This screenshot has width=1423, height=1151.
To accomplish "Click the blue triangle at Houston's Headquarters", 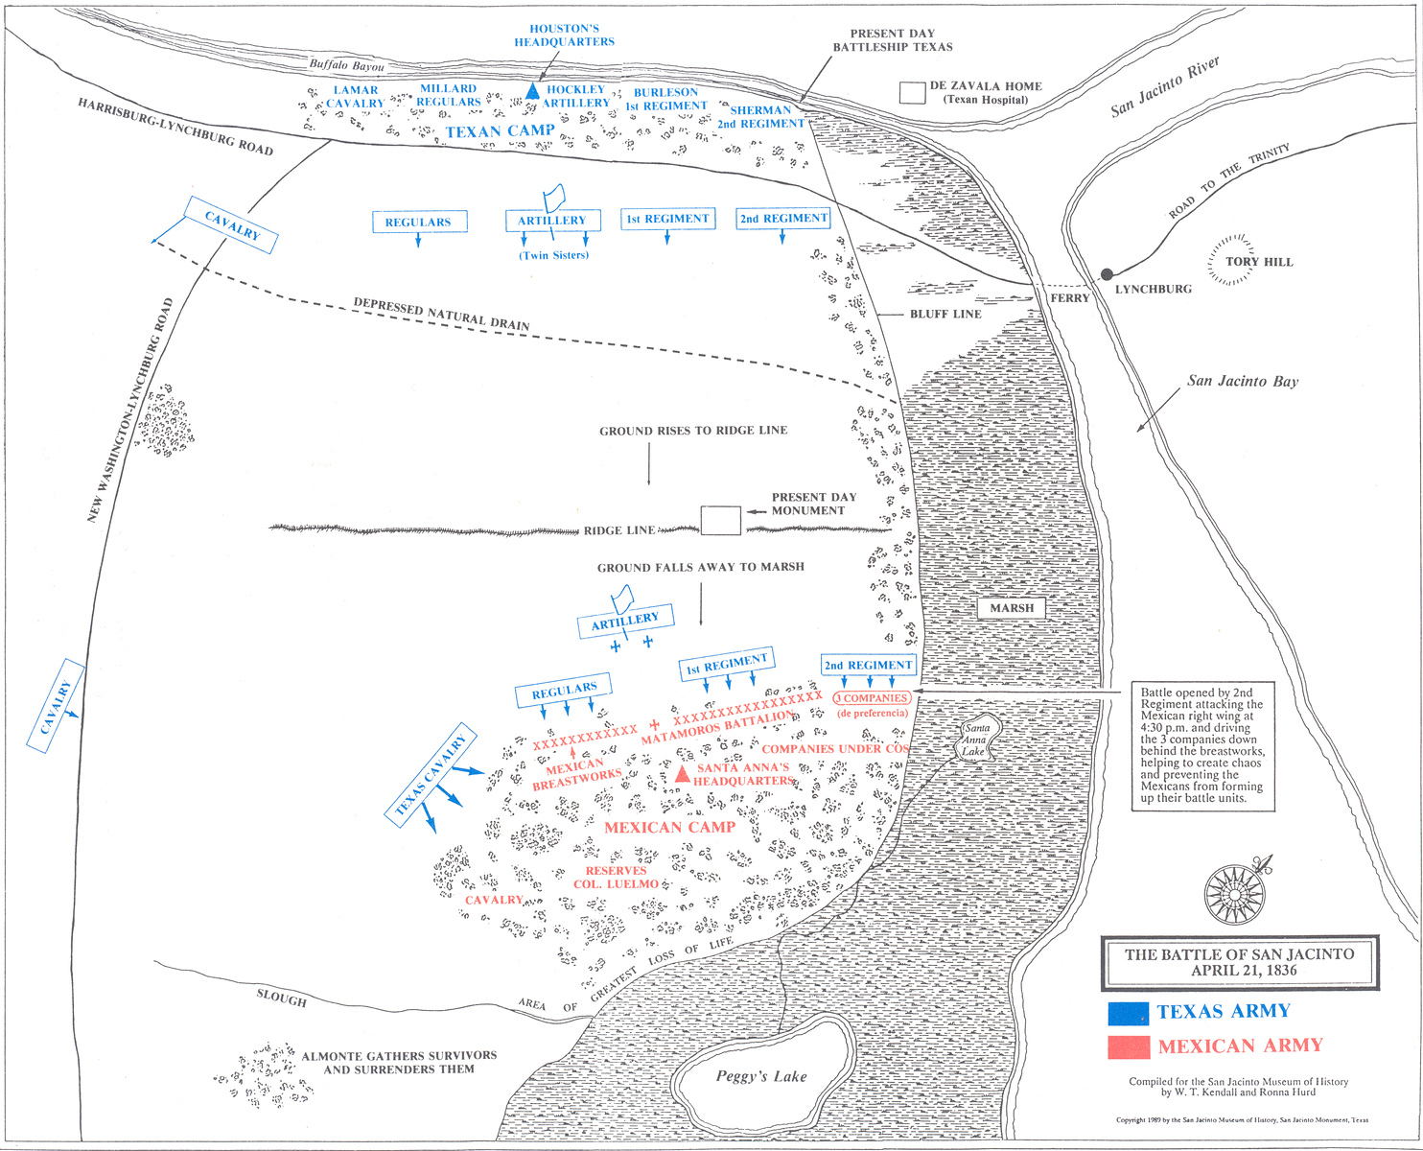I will (533, 90).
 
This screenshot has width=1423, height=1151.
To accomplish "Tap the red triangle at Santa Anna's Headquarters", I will (682, 773).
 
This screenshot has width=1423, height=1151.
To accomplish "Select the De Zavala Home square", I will (912, 92).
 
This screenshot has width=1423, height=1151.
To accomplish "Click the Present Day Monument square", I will (720, 521).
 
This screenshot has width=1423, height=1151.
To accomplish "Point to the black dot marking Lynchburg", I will (1108, 274).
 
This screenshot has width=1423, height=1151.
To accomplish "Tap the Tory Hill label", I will (1259, 262).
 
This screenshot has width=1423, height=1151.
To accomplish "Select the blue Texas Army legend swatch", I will (1128, 1013).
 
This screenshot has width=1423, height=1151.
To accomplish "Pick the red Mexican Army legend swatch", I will (1128, 1046).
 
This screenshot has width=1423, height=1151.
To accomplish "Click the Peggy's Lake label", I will (761, 1076).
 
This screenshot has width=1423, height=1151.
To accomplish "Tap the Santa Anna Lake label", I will (977, 740).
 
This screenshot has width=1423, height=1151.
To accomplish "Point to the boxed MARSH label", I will (1012, 608).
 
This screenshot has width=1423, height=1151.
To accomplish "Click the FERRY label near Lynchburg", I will (1069, 298).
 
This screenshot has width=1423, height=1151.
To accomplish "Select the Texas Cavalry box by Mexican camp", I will (432, 775).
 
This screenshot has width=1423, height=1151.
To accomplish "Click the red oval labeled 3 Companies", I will (872, 698).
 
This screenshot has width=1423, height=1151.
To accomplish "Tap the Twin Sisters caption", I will (554, 255).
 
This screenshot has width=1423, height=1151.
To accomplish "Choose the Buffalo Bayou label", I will (346, 66).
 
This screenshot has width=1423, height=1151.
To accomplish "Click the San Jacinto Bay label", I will (1243, 381).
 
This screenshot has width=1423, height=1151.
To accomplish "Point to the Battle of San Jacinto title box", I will (1239, 962).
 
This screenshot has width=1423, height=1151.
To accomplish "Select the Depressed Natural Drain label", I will (441, 315).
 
